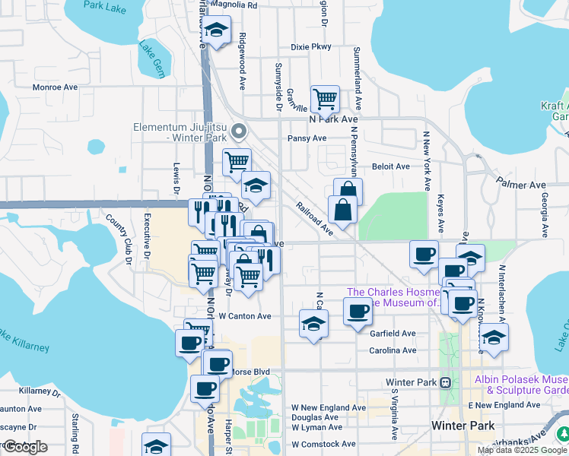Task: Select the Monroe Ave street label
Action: click(x=56, y=87)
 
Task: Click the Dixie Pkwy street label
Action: click(x=311, y=47)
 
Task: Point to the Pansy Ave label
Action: click(x=307, y=138)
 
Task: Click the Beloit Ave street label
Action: click(x=391, y=166)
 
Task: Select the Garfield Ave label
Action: click(x=393, y=334)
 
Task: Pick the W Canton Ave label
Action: click(x=245, y=316)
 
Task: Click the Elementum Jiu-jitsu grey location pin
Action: click(x=239, y=132)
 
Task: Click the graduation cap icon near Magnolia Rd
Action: click(x=218, y=30)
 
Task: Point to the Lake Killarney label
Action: click(x=23, y=340)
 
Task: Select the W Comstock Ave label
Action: click(x=323, y=444)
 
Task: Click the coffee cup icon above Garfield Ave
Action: click(x=358, y=309)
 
